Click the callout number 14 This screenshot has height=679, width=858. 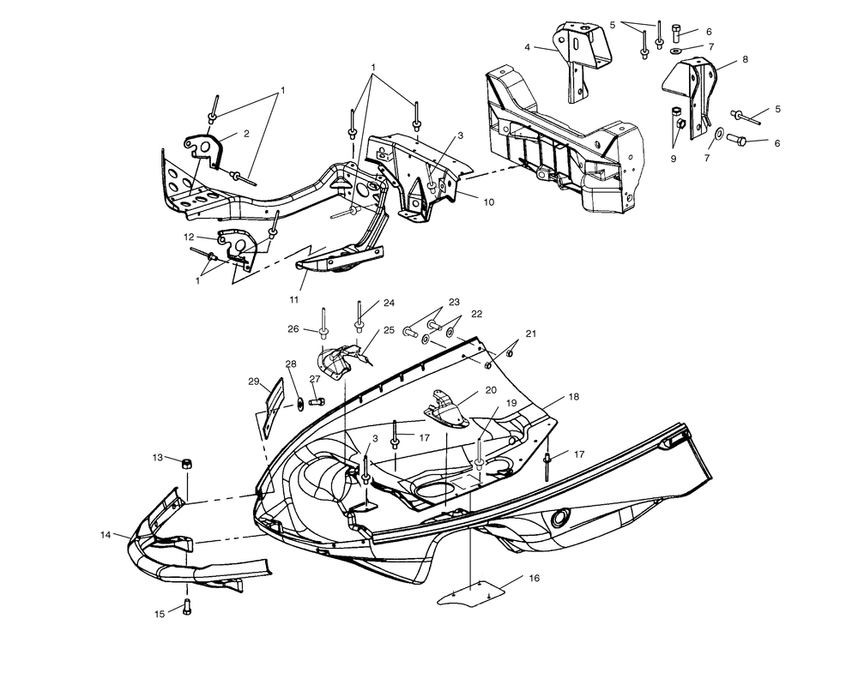click(x=106, y=534)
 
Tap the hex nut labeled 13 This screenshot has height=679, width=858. click(x=185, y=463)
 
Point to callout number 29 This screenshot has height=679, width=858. click(x=254, y=381)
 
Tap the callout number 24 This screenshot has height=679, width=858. click(x=389, y=303)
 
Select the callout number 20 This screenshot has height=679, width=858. click(x=491, y=390)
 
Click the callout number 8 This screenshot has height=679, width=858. click(x=745, y=60)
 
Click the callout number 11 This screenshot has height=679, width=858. click(x=293, y=300)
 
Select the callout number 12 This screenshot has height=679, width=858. click(x=189, y=237)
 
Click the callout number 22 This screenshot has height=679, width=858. click(x=476, y=314)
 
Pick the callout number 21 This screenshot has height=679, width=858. click(x=530, y=333)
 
